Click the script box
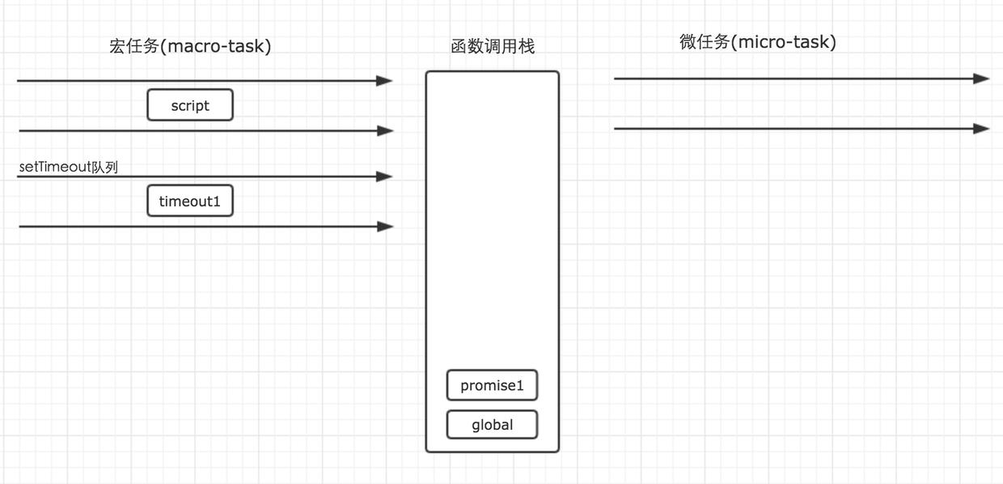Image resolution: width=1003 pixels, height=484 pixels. [190, 105]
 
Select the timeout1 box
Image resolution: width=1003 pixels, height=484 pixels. [190, 201]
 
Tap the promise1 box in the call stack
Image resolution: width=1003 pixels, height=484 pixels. [492, 385]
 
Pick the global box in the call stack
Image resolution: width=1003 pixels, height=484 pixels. [492, 424]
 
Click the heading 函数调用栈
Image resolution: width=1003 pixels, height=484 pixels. [493, 46]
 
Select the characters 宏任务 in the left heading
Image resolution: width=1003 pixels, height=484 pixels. [133, 46]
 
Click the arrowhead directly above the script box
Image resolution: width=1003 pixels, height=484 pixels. [385, 80]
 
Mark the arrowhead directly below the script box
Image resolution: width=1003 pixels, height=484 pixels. [386, 130]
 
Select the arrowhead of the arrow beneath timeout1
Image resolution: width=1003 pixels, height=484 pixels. [386, 227]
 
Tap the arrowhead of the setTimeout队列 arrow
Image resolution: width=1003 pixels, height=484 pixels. [385, 176]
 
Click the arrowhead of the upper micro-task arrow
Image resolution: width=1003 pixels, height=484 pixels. [982, 79]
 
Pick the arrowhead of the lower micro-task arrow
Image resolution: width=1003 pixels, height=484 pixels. [982, 128]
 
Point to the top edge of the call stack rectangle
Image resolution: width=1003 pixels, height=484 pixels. [492, 72]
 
